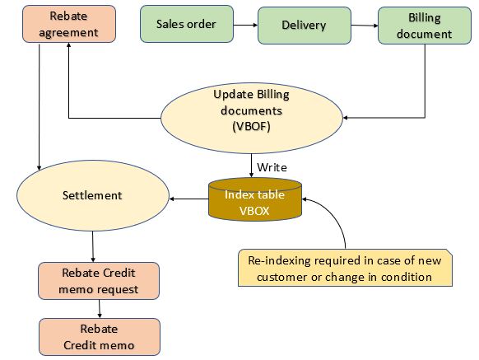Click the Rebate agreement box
(69, 24)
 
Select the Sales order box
(187, 24)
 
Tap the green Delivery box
(305, 26)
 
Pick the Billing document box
(425, 26)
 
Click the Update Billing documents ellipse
(251, 118)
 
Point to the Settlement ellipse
(92, 195)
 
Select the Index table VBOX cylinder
(255, 199)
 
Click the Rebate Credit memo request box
(99, 281)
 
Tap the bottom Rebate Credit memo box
(100, 337)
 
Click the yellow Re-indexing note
(345, 268)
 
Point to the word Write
(272, 167)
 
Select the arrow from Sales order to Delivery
(245, 25)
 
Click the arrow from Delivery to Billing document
(365, 26)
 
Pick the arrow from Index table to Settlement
(188, 199)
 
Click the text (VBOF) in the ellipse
(251, 126)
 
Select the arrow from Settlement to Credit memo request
(93, 246)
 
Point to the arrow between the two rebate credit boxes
(100, 309)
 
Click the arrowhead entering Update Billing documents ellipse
(345, 118)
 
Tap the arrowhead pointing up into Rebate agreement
(69, 44)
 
